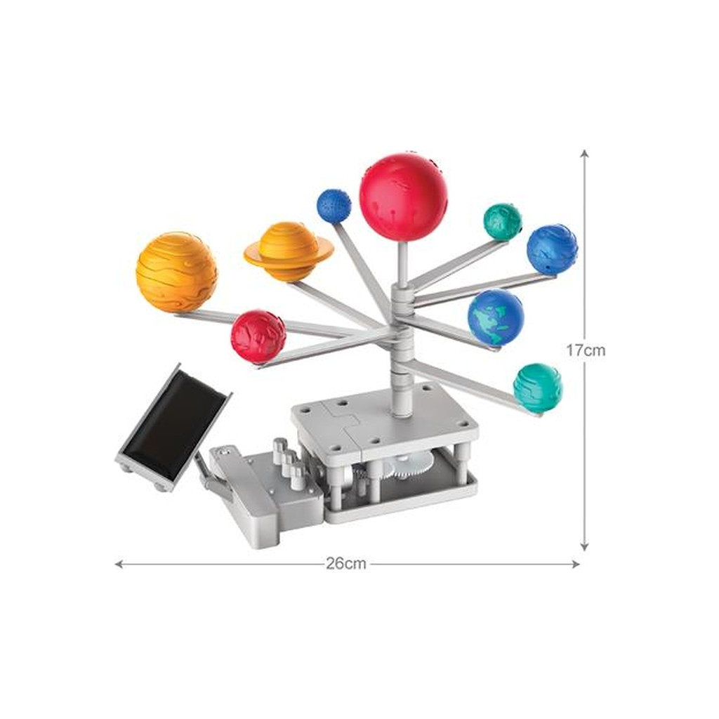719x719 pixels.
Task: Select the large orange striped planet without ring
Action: pos(176,272)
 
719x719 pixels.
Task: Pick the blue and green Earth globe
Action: pos(496,317)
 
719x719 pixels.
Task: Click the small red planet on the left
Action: pos(258,336)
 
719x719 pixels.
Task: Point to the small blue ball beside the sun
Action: pos(334,205)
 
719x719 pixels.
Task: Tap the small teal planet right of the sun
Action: pos(503,221)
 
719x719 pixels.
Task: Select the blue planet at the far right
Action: pos(552,250)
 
